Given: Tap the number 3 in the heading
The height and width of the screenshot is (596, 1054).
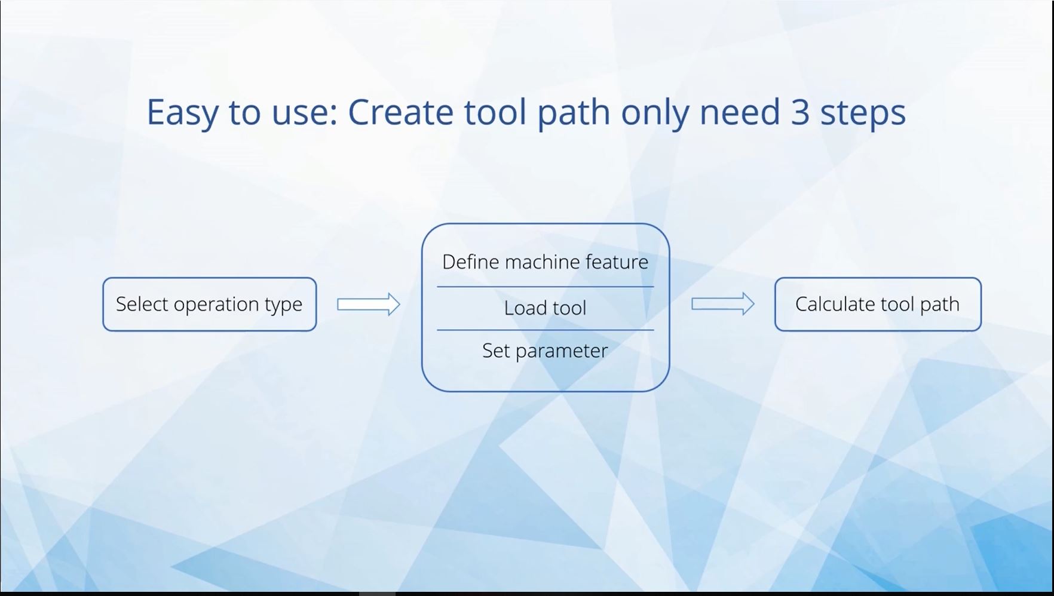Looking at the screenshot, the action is pos(800,112).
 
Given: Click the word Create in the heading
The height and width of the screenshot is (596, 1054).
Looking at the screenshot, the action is pos(400,112).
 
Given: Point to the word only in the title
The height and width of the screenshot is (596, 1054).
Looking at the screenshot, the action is pos(655,113).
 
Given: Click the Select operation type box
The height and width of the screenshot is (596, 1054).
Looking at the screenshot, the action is pos(210,304).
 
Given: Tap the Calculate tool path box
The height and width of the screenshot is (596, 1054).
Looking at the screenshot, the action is pos(878,304).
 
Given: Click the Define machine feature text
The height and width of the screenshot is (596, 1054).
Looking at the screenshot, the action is pos(545,262).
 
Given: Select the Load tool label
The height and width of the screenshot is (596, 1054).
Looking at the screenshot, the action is pos(545,308).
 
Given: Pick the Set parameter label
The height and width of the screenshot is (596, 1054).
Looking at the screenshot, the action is pos(545,351).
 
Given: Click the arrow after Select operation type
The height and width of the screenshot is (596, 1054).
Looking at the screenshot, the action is pos(369,305).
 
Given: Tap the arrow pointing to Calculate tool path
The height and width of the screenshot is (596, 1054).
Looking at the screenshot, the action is pos(723,304).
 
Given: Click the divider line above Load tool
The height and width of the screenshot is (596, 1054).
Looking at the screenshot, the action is pos(546,287).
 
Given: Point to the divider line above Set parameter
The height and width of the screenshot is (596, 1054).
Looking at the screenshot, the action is pos(546,330).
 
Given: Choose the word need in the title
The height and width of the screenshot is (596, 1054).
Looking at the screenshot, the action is pos(740,112).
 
